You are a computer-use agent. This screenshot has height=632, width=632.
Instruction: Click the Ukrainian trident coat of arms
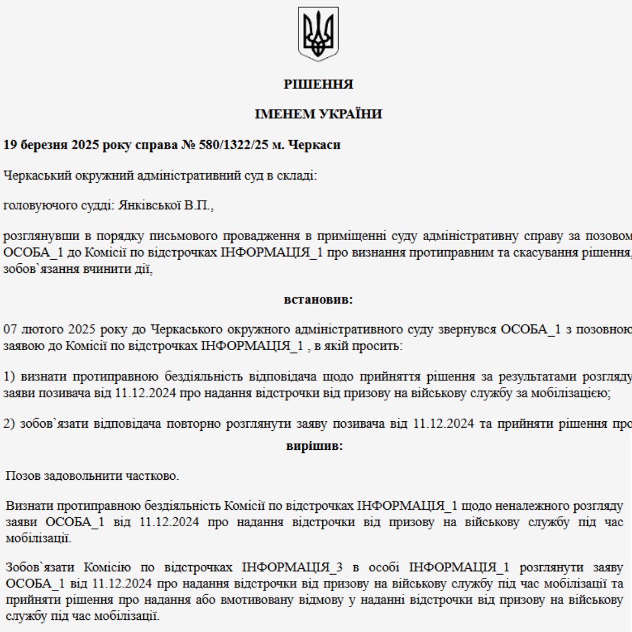318,34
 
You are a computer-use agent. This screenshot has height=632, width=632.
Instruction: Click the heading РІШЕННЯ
318,84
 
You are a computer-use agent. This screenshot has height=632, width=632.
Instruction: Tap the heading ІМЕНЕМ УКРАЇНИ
318,114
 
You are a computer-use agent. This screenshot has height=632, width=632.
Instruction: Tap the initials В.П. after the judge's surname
197,205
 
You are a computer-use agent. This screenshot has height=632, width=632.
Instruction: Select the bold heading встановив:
318,300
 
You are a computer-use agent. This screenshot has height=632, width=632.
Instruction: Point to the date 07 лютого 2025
50,330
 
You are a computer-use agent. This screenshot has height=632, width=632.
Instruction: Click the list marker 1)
9,377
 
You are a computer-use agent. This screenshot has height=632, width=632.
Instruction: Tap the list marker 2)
9,423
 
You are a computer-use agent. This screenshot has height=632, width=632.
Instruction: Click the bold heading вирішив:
314,446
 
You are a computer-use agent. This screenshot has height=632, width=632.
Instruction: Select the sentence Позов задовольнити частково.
92,476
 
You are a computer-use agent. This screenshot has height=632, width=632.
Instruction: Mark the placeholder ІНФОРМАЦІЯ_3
292,568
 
